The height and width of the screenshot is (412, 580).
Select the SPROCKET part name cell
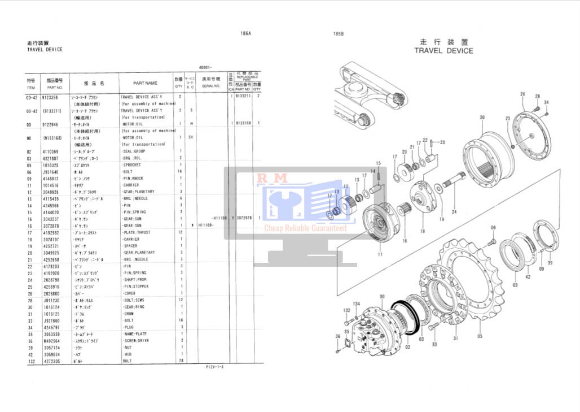[x=133, y=165]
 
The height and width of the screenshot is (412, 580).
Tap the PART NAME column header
[x=145, y=83]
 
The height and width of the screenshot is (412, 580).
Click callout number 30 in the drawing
[x=482, y=118]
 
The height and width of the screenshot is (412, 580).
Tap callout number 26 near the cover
[x=522, y=94]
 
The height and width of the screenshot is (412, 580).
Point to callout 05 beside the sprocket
[x=480, y=336]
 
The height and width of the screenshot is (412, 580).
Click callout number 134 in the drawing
[x=356, y=304]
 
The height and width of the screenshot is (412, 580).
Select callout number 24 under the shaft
[x=454, y=212]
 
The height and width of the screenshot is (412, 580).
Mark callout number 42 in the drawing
[x=528, y=277]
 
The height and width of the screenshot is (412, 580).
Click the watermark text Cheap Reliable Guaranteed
[x=305, y=228]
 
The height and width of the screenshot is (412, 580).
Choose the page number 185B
[x=339, y=34]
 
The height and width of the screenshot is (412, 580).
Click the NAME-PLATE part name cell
[x=135, y=333]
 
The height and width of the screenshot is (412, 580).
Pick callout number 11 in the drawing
[x=380, y=255]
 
